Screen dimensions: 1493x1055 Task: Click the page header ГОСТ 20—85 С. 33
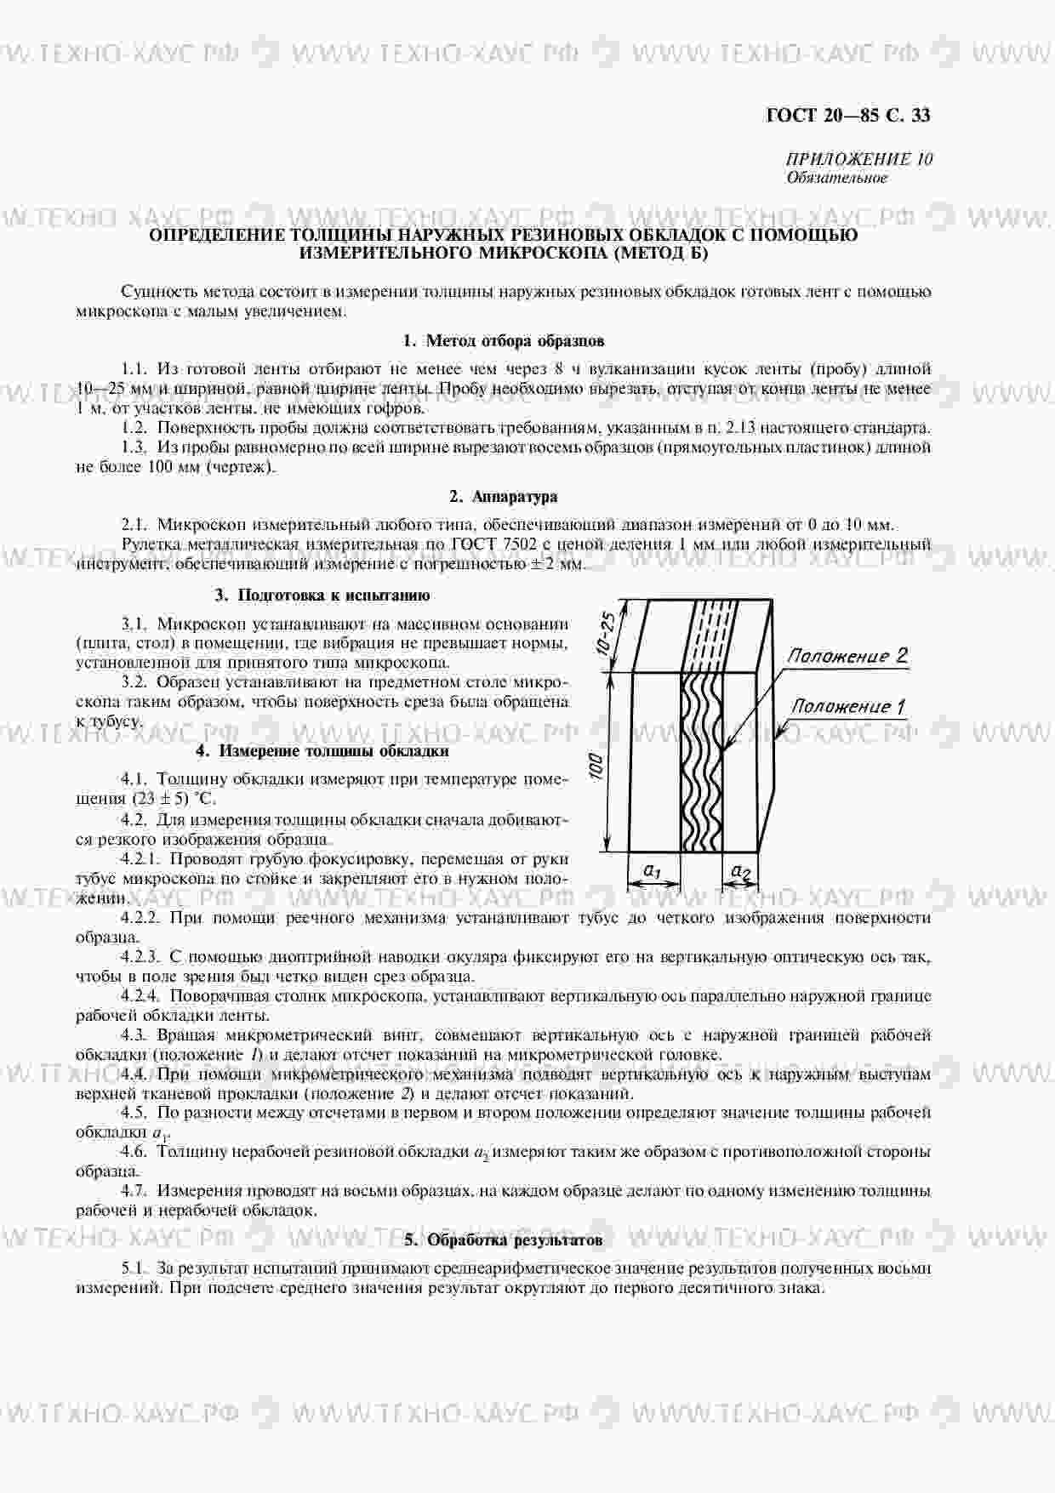848,115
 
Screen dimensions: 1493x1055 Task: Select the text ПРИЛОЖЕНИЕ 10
858,159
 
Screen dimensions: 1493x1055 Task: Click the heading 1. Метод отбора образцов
503,341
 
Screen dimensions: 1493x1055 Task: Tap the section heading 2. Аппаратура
503,497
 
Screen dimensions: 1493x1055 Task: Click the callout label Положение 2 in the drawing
847,656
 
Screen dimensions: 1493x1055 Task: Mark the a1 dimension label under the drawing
653,870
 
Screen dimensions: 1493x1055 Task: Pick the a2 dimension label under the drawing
741,872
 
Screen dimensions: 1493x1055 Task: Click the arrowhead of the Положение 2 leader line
724,749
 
